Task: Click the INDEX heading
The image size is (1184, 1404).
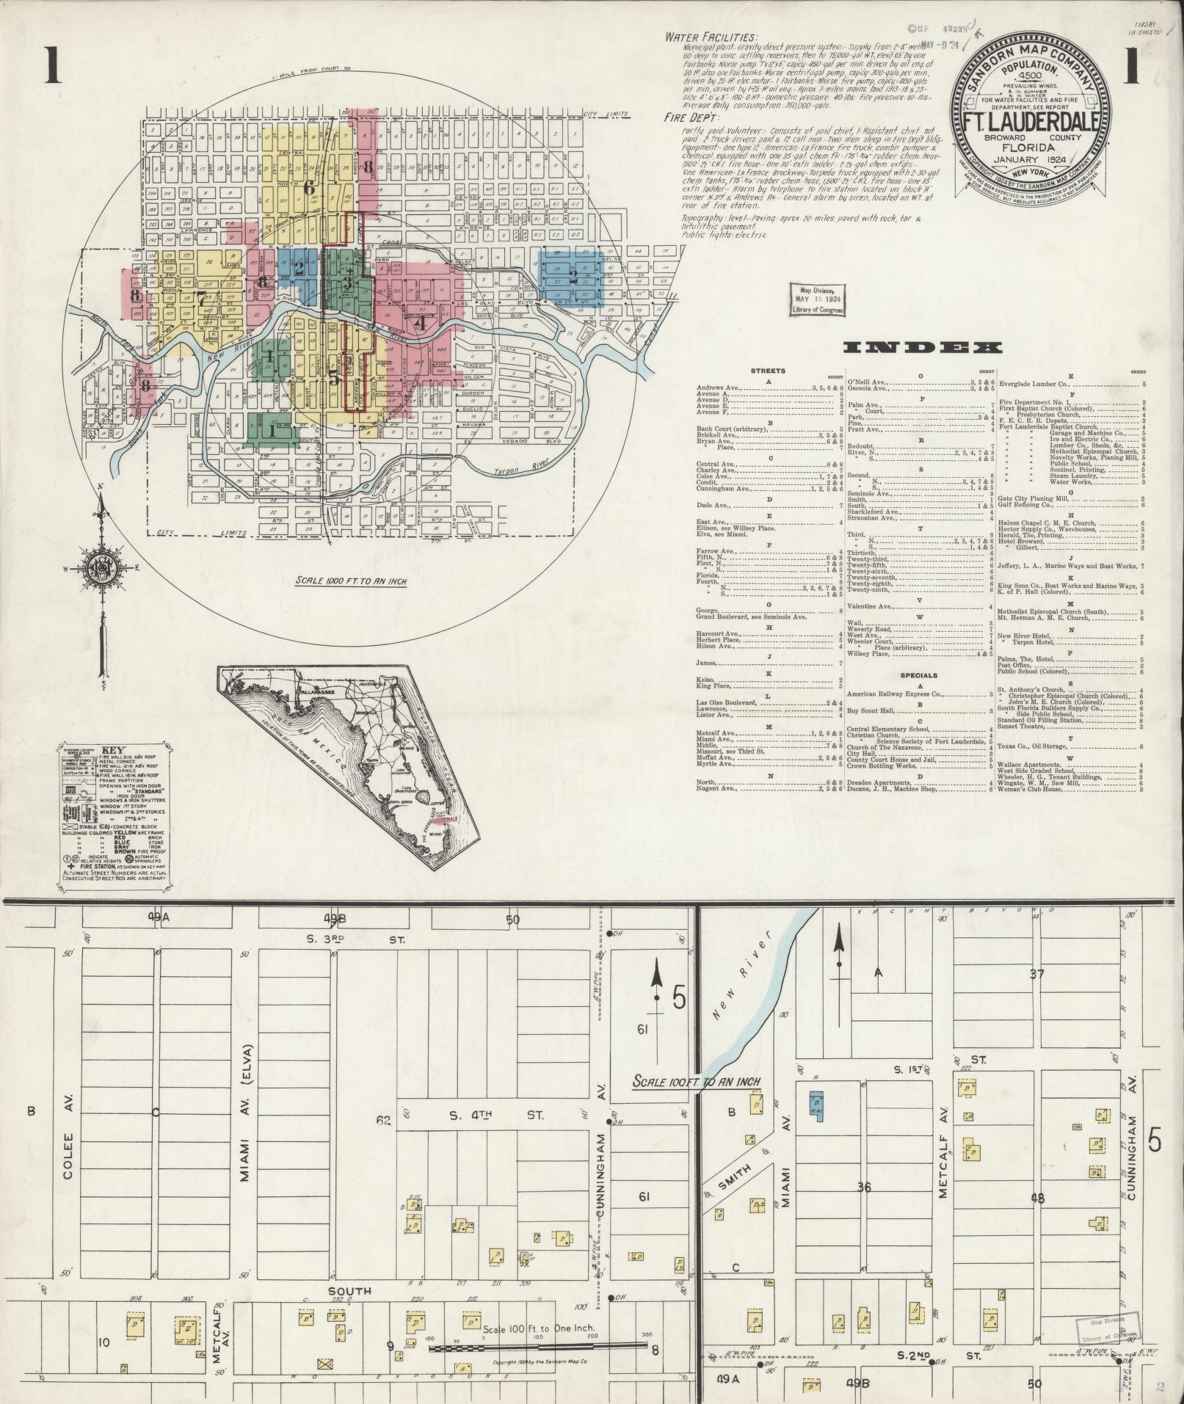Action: pos(922,349)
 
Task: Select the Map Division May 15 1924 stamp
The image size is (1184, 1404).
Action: pos(817,299)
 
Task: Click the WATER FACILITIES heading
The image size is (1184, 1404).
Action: pos(711,37)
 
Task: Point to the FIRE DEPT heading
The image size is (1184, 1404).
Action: pos(691,117)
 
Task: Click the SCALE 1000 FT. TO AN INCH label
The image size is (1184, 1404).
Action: pos(351,581)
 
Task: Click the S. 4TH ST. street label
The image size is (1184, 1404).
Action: pos(497,1114)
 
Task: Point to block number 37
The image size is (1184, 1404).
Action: pos(1036,975)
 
